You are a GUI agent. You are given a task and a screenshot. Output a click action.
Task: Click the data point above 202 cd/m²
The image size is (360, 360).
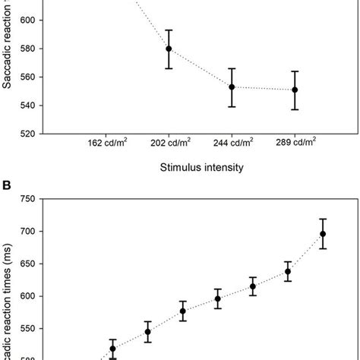tap(169, 49)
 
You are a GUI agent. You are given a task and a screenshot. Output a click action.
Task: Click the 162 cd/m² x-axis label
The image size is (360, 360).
tap(106, 141)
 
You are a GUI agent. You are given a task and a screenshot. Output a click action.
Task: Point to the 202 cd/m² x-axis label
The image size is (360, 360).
tap(169, 141)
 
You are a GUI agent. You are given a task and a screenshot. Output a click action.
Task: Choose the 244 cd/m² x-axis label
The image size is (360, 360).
tap(232, 141)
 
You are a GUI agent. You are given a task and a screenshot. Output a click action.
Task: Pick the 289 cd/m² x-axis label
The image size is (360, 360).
tap(295, 141)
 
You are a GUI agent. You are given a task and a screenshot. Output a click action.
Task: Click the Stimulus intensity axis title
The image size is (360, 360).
tap(201, 168)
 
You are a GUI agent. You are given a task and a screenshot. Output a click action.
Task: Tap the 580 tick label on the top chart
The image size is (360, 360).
tap(26, 49)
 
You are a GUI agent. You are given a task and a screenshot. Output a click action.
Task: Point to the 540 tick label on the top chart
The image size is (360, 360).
tap(26, 106)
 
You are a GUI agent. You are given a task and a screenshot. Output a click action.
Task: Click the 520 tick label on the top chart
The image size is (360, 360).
tap(26, 134)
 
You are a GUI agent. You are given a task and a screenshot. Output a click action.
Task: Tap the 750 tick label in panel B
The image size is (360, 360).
tap(26, 199)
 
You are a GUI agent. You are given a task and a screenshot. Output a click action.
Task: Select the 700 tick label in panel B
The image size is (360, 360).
tap(26, 232)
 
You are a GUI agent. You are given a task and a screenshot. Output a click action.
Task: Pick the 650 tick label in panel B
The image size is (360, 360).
tap(26, 264)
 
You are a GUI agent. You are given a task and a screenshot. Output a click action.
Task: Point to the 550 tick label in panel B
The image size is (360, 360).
tap(26, 330)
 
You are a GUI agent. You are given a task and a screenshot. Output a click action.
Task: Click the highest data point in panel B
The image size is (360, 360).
tap(323, 234)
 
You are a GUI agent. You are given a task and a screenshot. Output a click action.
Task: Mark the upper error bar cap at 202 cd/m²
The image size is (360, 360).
tap(169, 30)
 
